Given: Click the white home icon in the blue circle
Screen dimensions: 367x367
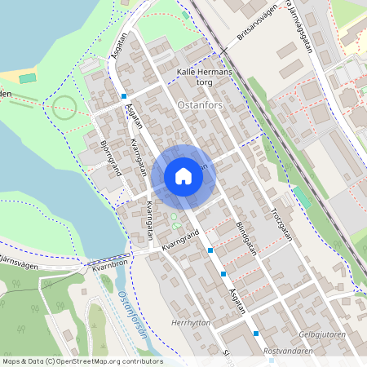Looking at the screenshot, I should pyautogui.click(x=183, y=176).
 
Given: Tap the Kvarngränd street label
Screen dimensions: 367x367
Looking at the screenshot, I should pyautogui.click(x=180, y=241).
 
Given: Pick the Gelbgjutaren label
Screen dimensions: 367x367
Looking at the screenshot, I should pyautogui.click(x=323, y=334).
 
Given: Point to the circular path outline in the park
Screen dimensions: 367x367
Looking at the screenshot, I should pyautogui.click(x=64, y=107).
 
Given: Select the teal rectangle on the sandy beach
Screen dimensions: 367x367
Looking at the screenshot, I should pyautogui.click(x=29, y=79).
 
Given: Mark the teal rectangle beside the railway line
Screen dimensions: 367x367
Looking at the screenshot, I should pyautogui.click(x=303, y=197).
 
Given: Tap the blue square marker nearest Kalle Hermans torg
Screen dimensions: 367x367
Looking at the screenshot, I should pyautogui.click(x=124, y=96).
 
